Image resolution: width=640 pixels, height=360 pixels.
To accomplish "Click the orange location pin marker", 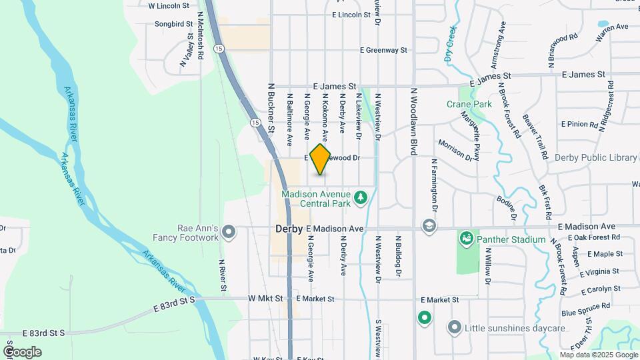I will (321, 159).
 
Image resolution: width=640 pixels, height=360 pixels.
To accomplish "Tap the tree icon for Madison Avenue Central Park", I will (361, 197).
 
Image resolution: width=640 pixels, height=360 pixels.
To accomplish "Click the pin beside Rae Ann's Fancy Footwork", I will (229, 232).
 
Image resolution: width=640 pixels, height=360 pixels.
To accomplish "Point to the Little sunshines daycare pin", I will (455, 327).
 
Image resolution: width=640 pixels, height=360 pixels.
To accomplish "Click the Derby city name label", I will (289, 229).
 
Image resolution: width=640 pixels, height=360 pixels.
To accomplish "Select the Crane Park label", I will (469, 104).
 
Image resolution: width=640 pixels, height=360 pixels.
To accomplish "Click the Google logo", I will (22, 351).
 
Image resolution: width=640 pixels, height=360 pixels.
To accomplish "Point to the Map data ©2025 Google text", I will (598, 355).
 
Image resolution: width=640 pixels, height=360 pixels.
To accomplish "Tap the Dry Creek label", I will (451, 44).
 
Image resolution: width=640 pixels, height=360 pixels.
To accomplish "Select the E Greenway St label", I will (383, 50).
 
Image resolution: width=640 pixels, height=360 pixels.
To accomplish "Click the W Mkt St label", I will (265, 298).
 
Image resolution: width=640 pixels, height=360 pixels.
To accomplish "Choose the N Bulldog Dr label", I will (397, 255).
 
